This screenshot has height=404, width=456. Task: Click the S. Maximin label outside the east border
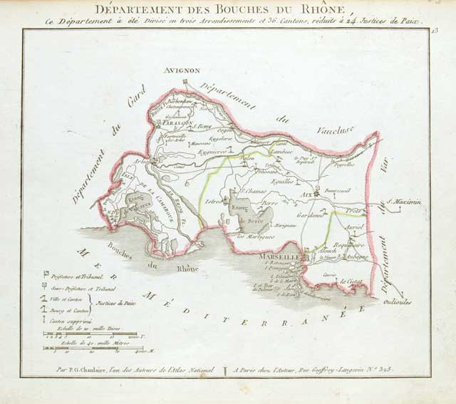coord(404,202)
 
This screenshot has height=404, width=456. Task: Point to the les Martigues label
coord(255,236)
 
